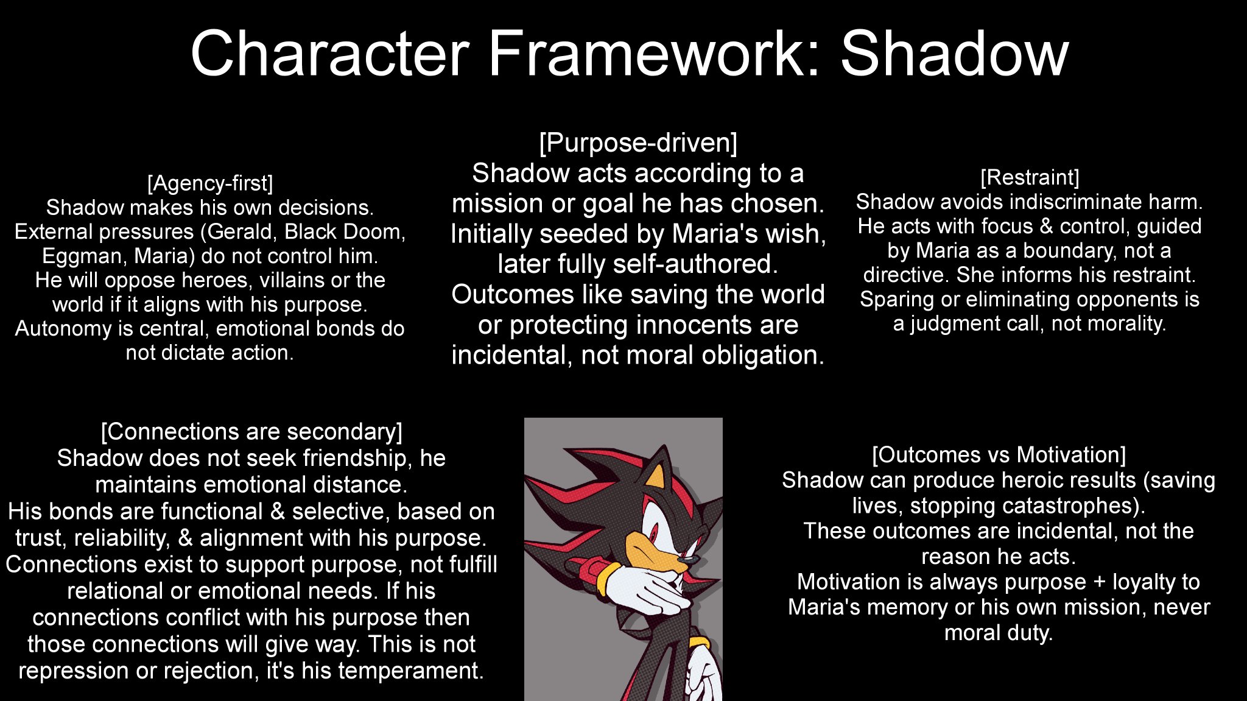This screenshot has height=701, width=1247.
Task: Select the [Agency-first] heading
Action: pos(210,183)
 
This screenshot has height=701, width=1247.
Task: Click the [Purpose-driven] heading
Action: pos(638,143)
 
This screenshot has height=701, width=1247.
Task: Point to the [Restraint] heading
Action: pos(1030,178)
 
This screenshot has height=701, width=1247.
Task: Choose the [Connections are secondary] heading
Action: pos(251,432)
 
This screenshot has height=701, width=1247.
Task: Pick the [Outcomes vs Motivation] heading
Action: pos(999,455)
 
